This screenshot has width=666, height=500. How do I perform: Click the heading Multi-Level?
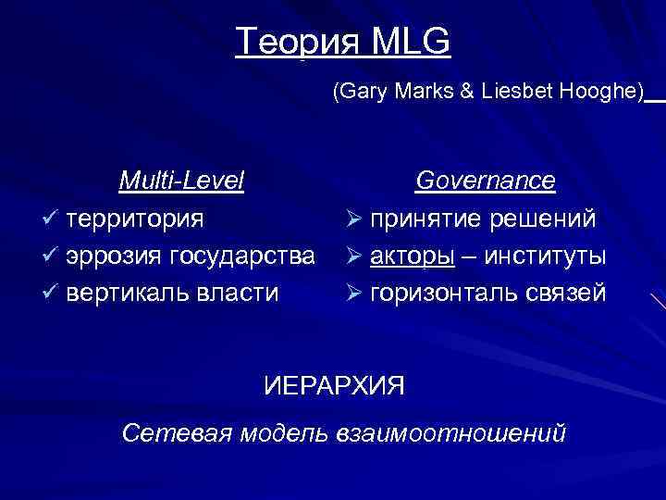click(181, 180)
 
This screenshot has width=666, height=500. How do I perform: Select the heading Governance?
click(485, 180)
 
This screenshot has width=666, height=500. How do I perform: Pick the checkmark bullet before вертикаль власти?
click(51, 293)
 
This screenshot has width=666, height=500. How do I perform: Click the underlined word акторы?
click(413, 256)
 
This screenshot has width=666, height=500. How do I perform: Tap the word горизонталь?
click(444, 293)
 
